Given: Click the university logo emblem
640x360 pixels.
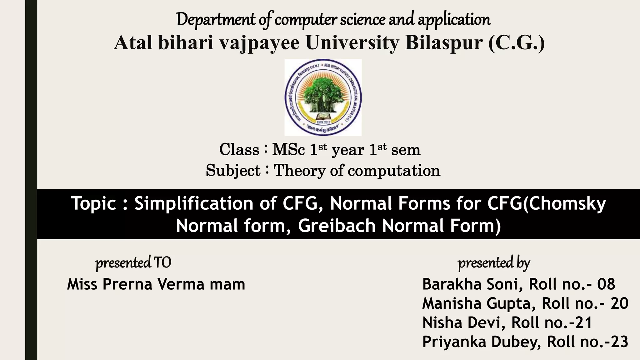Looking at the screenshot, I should (x=323, y=97).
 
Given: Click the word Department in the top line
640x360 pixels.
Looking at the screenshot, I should (x=216, y=19).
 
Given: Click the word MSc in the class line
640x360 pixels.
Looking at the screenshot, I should (x=288, y=149).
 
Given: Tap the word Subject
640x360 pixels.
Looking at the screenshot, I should (x=233, y=171).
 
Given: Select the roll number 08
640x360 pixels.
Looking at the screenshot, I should (x=606, y=284).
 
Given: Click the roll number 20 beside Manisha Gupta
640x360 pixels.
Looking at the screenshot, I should (x=619, y=303).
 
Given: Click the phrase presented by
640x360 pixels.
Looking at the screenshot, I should (x=494, y=263).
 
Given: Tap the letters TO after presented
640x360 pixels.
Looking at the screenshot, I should (x=162, y=263).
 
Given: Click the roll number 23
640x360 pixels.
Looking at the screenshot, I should (x=619, y=342).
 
